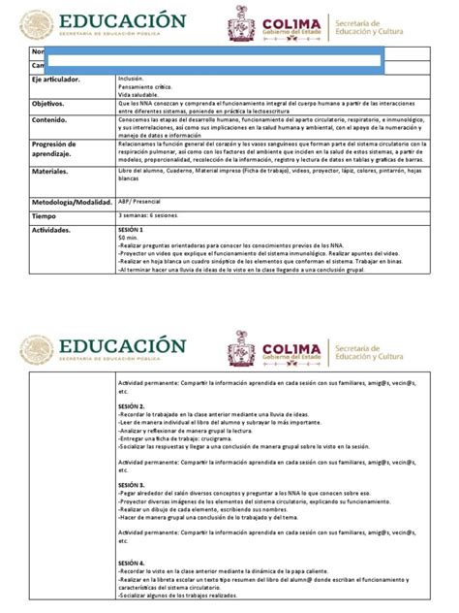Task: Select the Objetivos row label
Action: pyautogui.click(x=47, y=101)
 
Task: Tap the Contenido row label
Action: pyautogui.click(x=49, y=121)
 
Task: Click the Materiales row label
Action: pyautogui.click(x=49, y=170)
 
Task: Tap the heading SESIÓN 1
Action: pyautogui.click(x=129, y=230)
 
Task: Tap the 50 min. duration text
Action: pyautogui.click(x=127, y=238)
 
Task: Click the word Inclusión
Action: pyautogui.click(x=130, y=77)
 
